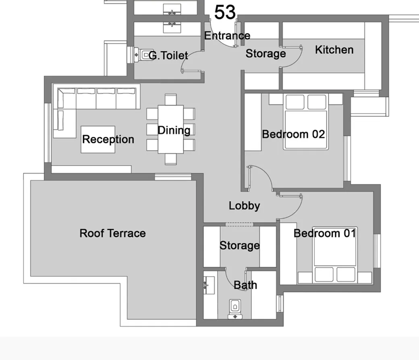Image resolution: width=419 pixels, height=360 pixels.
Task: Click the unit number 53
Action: [224, 12]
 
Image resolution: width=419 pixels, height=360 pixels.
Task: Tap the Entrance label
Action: [227, 35]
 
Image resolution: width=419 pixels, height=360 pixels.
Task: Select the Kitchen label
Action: [334, 50]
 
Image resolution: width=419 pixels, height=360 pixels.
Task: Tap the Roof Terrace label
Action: [112, 233]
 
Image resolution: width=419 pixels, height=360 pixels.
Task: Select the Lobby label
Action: [244, 206]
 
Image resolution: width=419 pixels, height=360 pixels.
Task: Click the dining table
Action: [171, 129]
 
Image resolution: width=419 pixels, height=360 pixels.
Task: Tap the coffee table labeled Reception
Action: [98, 139]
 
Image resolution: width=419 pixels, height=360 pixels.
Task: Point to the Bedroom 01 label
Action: [324, 233]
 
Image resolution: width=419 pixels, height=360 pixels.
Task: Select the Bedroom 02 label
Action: [293, 134]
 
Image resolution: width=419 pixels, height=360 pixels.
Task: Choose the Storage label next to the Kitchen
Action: [266, 54]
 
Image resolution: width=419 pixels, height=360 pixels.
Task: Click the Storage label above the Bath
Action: [239, 245]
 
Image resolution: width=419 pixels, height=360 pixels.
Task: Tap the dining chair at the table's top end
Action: [170, 99]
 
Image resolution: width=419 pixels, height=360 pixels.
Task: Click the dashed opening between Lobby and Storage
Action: [239, 224]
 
